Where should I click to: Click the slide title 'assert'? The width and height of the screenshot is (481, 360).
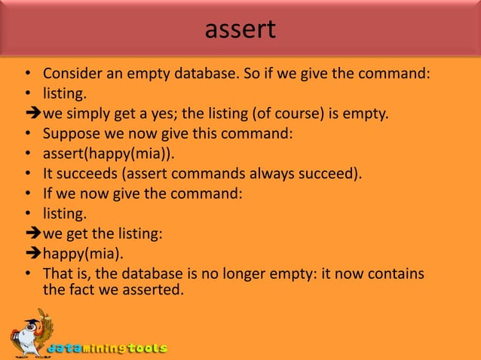[x=240, y=29]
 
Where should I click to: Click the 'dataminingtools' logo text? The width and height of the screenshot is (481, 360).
[x=107, y=349]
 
